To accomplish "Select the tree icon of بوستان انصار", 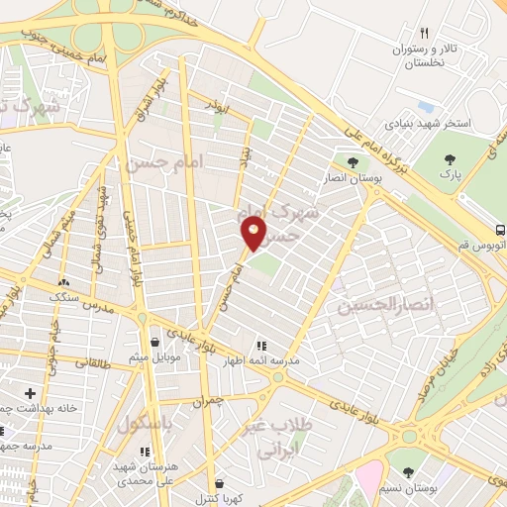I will point(353,162).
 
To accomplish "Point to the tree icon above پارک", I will point(451,159).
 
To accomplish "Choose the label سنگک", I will point(64,295).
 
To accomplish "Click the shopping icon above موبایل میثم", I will point(154,342).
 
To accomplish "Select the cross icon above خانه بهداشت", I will point(30,393).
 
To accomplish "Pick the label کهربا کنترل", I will point(213,496).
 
